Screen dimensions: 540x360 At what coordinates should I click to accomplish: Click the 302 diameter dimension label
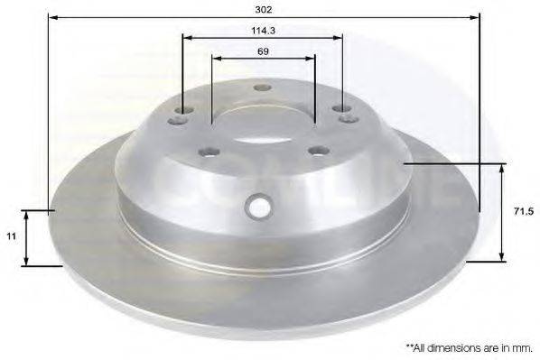point(264,10)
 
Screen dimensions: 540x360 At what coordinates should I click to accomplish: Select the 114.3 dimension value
point(263,31)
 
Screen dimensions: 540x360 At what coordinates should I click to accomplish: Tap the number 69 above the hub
point(263,51)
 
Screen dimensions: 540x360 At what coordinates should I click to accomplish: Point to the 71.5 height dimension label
point(524,212)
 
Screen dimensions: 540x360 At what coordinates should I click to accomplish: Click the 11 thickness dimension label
point(12,236)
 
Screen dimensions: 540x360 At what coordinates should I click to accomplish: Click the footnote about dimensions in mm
point(470,348)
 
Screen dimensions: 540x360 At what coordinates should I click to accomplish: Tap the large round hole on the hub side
point(258,206)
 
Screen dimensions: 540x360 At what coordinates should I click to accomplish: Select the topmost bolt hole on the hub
point(262,88)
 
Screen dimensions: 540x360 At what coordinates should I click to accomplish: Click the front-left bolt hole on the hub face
point(209,152)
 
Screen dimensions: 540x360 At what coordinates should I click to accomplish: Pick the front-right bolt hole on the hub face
point(319,151)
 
